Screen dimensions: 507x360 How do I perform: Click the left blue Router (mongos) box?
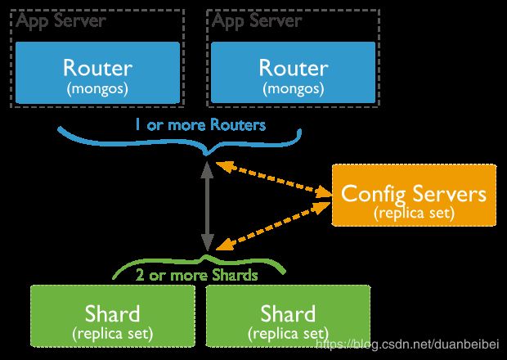[x=97, y=73]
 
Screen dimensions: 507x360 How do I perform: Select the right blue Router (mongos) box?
[x=293, y=73]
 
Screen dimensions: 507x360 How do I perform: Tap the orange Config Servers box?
[x=414, y=195]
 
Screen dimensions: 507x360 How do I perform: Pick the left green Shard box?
[x=113, y=316]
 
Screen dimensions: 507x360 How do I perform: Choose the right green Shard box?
[x=288, y=316]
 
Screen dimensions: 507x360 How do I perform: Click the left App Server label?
[x=61, y=20]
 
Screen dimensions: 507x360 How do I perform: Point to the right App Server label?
[x=257, y=20]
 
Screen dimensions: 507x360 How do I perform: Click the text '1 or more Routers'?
[x=200, y=125]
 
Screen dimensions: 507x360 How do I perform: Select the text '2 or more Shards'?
[x=196, y=275]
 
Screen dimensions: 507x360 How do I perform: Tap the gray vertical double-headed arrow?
[x=207, y=206]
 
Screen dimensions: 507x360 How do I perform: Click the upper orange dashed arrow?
[x=274, y=179]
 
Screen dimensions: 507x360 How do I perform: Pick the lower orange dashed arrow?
[x=274, y=226]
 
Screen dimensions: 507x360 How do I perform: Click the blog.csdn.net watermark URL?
[x=407, y=344]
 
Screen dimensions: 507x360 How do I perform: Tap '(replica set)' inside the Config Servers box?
[x=415, y=214]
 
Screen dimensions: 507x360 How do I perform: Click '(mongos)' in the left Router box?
[x=97, y=88]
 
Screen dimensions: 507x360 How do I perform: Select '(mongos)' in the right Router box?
[x=293, y=88]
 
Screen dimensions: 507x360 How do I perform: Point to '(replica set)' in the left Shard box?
[x=113, y=334]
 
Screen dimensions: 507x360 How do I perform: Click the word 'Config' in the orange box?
[x=373, y=195]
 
